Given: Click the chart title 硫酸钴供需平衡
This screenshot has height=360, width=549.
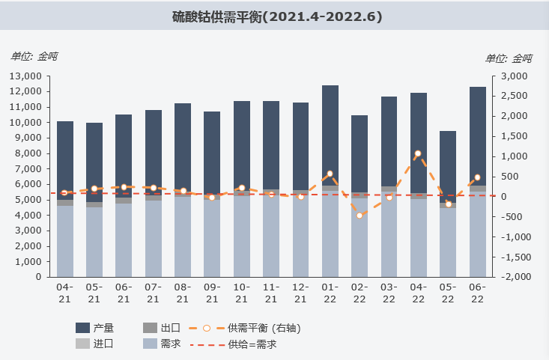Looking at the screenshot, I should pos(276,16).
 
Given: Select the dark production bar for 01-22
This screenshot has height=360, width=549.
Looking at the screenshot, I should pos(330,135).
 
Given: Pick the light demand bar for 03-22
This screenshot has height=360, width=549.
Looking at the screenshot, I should pos(389,232).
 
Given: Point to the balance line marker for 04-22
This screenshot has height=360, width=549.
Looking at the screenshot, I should pos(418,153).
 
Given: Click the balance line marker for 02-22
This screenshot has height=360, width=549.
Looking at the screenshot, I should pos(360,216).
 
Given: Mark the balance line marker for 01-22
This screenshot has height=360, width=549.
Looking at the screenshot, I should pos(330,174).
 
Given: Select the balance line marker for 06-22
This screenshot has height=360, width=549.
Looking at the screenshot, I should pos(477,177).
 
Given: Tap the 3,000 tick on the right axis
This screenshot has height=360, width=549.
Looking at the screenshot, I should pos(515,76).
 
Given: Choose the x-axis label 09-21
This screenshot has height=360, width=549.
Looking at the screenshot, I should pos(212,293).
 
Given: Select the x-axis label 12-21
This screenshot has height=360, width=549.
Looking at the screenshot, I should pos(300,293).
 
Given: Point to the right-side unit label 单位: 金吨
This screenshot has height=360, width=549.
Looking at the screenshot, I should pos(509,58).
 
